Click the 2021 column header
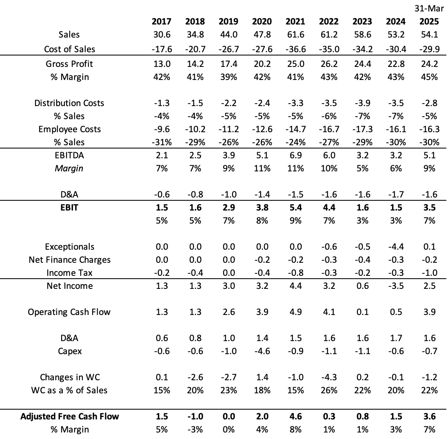[x=295, y=22]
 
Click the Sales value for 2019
[x=228, y=35]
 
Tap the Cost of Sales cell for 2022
[x=328, y=49]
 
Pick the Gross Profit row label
[x=69, y=64]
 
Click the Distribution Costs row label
[x=69, y=103]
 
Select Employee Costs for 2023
[x=362, y=129]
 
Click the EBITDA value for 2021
[x=295, y=155]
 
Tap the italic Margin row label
[x=69, y=169]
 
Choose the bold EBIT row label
[x=69, y=208]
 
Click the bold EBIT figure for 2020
[x=262, y=208]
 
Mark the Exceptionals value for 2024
[x=395, y=247]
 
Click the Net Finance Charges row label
[x=69, y=260]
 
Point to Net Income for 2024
[x=395, y=286]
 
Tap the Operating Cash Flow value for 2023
[x=362, y=312]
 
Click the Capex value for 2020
[x=262, y=351]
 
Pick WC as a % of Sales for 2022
[x=328, y=390]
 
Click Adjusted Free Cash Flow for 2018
[x=195, y=417]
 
